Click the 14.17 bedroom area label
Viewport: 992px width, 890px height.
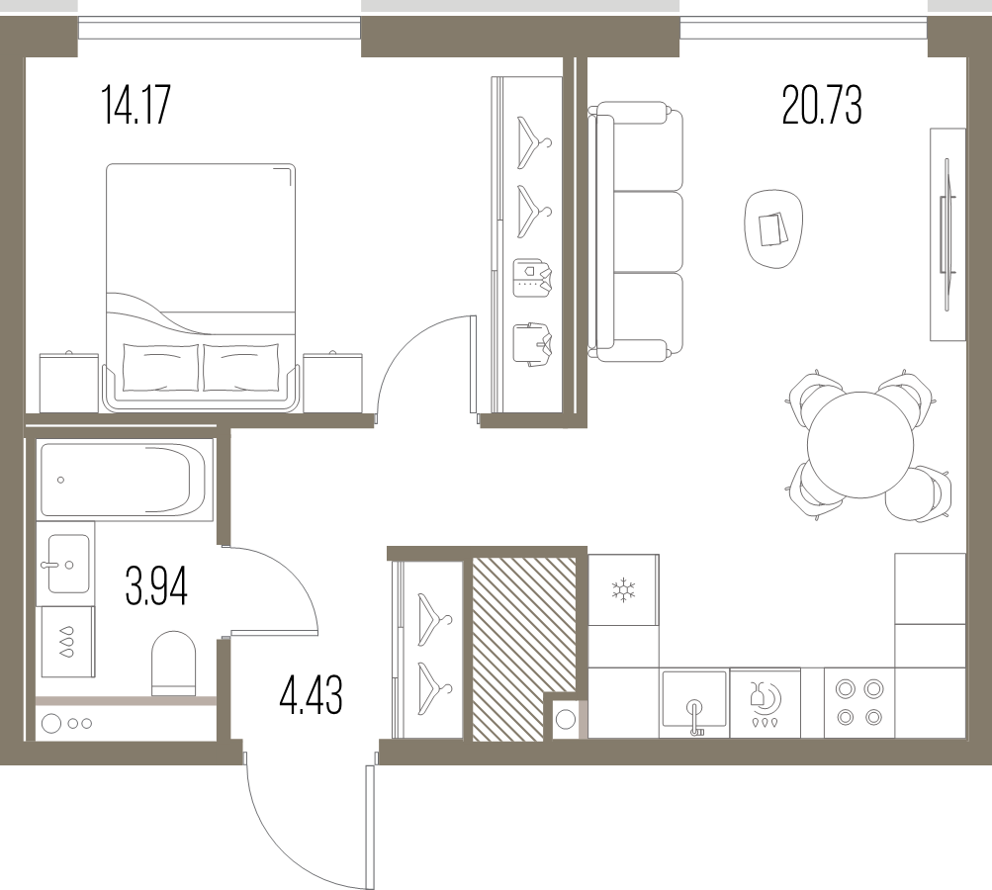click(136, 106)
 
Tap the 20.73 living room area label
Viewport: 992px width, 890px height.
click(822, 105)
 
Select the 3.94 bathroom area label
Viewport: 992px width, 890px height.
click(156, 587)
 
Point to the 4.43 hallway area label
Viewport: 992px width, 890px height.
click(311, 694)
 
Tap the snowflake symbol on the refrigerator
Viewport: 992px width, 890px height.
click(623, 589)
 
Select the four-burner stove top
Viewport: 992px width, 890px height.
click(859, 702)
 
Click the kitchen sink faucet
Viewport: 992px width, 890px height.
click(695, 718)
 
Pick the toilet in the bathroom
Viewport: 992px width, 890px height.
click(173, 663)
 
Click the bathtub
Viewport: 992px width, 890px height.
click(123, 481)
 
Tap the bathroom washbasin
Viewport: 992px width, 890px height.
click(68, 564)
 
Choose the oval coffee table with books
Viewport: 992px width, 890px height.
click(773, 229)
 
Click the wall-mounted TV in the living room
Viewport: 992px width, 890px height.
click(947, 234)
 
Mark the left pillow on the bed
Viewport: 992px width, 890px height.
click(161, 367)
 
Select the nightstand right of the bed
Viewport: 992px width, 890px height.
click(332, 383)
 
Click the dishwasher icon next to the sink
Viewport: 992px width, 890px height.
click(765, 703)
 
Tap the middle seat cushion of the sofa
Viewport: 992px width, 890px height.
click(649, 231)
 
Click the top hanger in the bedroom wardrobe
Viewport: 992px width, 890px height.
click(533, 142)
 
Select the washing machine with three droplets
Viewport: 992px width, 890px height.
click(67, 641)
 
